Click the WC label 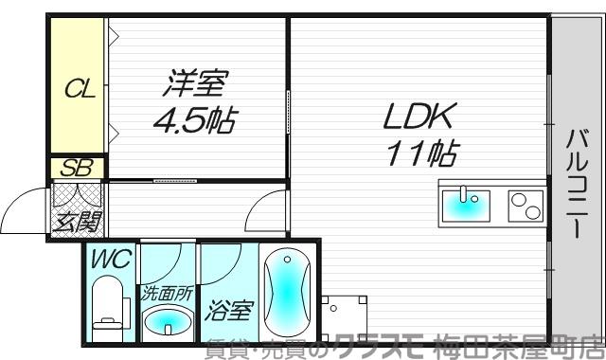111,257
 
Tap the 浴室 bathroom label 227,309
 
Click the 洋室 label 196,86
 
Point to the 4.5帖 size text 196,121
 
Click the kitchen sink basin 465,204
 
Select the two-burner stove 523,206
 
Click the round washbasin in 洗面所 167,322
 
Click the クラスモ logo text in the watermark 383,347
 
